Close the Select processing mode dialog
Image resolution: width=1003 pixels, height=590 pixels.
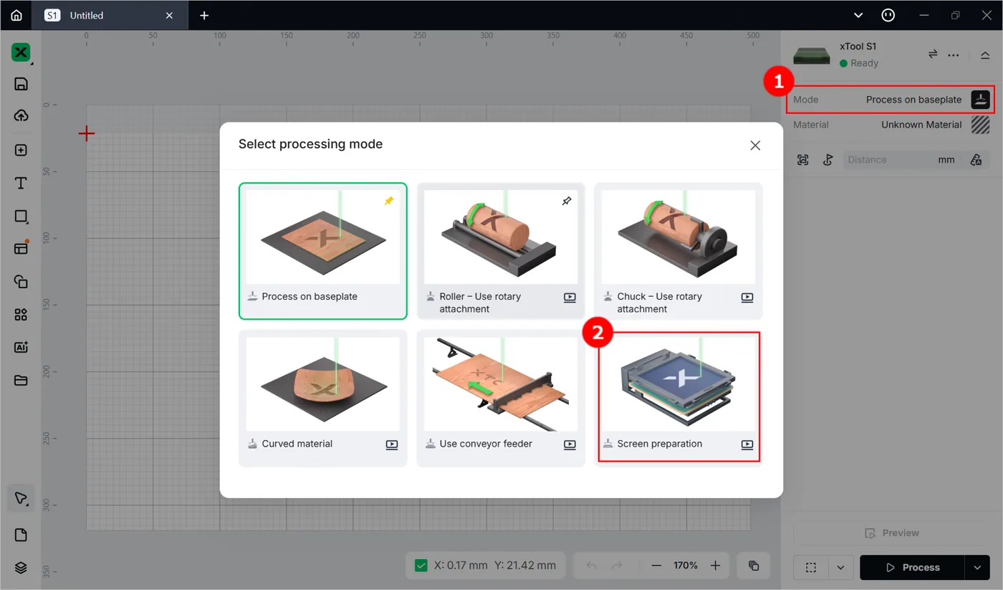[755, 145]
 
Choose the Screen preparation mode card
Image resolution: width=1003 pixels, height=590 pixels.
[678, 397]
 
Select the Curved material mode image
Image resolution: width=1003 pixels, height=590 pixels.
[323, 384]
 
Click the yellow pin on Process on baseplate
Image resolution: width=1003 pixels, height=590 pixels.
[388, 201]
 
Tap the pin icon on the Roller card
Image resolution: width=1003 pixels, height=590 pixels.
[567, 201]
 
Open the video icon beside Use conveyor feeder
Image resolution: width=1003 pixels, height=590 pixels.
[570, 444]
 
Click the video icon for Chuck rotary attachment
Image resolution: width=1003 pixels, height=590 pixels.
[747, 297]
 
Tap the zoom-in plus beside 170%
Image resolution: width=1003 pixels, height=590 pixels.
[715, 566]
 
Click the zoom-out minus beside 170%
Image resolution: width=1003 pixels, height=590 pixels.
[656, 566]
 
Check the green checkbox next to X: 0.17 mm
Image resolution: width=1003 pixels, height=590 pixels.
[421, 566]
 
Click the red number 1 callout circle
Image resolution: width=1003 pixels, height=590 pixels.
[779, 81]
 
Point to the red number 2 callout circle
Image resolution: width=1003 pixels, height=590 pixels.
[598, 333]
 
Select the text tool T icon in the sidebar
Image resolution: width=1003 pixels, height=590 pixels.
[21, 183]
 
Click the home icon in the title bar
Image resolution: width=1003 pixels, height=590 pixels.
[16, 15]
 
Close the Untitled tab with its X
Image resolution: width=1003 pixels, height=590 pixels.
[169, 15]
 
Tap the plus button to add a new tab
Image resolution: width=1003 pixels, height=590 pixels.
[204, 15]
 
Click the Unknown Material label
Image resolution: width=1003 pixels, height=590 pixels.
[921, 125]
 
